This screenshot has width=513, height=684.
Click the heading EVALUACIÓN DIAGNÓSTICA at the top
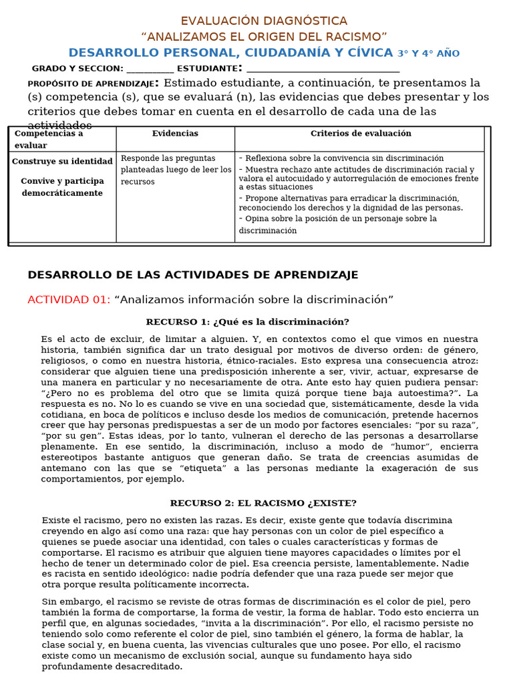264,21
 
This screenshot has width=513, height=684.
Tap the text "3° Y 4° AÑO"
428,53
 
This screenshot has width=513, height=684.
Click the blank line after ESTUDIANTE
323,69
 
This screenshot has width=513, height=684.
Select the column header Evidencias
175,134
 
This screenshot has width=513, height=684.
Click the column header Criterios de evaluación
361,134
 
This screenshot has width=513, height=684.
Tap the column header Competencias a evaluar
49,139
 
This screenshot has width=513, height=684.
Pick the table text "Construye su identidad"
62,162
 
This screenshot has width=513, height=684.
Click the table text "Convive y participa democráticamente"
62,187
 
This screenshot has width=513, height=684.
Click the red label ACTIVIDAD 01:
69,300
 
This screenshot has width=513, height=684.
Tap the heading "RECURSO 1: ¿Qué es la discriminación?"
248,322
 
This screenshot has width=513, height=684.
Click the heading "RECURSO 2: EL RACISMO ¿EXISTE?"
263,503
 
